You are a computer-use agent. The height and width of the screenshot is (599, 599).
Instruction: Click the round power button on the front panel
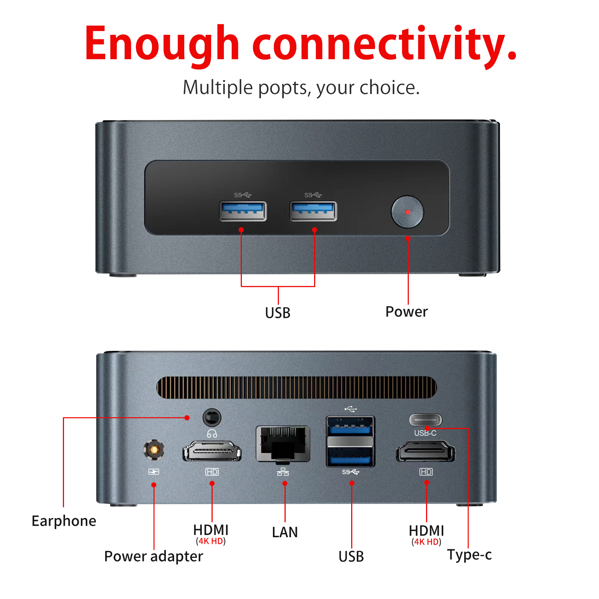[x=407, y=212]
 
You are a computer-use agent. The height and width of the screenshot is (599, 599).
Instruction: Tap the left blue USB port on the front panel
[x=243, y=211]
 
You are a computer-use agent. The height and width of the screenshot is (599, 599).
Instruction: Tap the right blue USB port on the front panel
[x=313, y=211]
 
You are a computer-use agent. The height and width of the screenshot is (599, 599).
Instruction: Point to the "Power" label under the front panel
[x=407, y=312]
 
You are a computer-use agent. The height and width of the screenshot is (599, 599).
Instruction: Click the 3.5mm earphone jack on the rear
[x=212, y=417]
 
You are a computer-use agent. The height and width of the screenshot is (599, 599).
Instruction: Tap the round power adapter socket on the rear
[x=153, y=449]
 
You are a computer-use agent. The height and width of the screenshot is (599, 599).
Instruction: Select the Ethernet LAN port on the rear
[x=283, y=444]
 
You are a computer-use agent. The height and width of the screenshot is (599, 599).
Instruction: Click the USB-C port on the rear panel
[x=425, y=420]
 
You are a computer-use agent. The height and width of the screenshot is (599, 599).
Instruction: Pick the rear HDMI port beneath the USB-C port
[x=426, y=451]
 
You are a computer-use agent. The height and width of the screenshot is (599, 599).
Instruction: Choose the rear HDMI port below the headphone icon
[x=212, y=451]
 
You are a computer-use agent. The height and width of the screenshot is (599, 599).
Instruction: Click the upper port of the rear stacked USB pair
[x=350, y=426]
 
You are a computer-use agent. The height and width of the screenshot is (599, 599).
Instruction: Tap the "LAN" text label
[x=285, y=532]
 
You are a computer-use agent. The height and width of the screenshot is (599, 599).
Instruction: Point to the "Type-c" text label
[x=469, y=555]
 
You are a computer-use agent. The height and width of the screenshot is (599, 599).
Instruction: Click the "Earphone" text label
[x=64, y=521]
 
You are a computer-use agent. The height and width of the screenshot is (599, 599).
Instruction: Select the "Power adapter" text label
[x=153, y=556]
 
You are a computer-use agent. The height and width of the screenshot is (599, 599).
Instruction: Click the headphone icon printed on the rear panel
[x=212, y=434]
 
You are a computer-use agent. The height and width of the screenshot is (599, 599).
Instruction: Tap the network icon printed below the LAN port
[x=283, y=472]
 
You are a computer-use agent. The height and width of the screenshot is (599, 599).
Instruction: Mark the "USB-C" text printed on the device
[x=425, y=433]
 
